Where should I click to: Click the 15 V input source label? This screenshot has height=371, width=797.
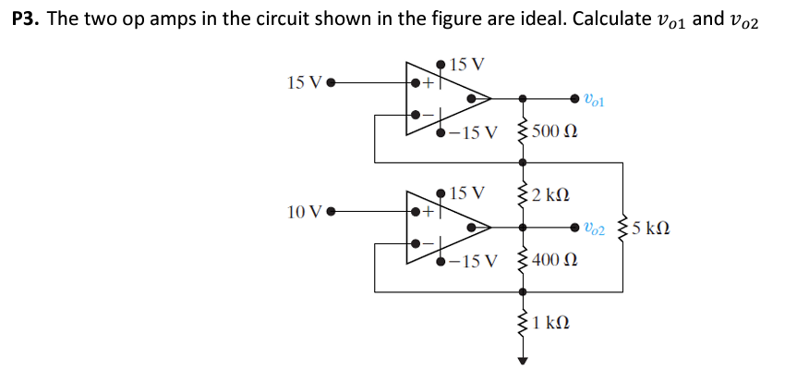[304, 82]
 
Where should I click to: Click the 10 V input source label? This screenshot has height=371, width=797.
[304, 212]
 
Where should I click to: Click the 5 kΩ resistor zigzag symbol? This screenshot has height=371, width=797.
[623, 228]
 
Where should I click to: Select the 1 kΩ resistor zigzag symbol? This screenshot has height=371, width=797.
[524, 323]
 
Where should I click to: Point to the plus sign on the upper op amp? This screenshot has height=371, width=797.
[428, 83]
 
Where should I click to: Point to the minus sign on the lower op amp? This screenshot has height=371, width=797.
[428, 245]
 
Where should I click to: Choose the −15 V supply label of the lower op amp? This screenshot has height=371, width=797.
[475, 261]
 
